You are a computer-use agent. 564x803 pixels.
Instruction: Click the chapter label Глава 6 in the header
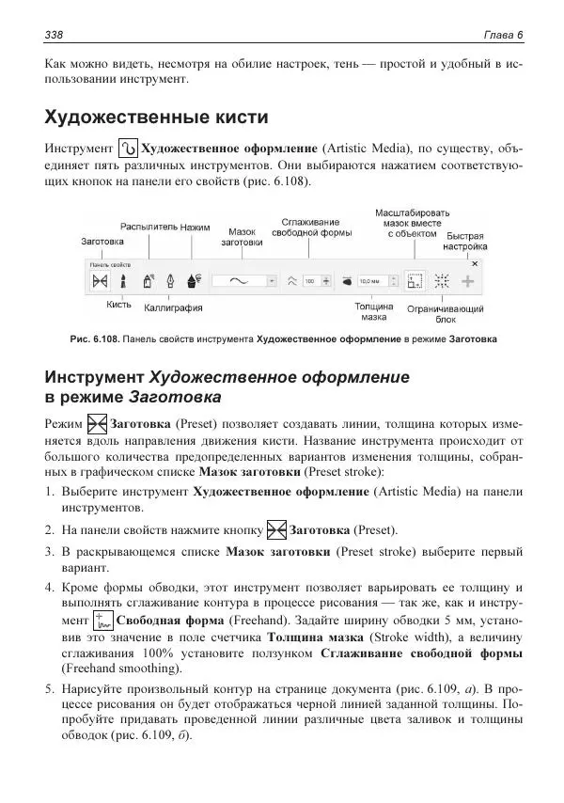(x=503, y=35)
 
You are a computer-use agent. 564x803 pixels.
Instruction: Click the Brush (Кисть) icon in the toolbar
(x=124, y=280)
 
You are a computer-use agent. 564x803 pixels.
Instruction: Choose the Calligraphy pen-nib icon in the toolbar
(x=170, y=280)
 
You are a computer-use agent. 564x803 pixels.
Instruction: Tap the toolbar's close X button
(x=475, y=265)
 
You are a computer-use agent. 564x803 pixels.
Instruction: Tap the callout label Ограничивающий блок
(x=446, y=313)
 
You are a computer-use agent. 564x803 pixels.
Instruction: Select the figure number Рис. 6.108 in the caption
(x=98, y=339)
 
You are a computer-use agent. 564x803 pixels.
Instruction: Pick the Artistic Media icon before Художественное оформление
(x=129, y=149)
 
